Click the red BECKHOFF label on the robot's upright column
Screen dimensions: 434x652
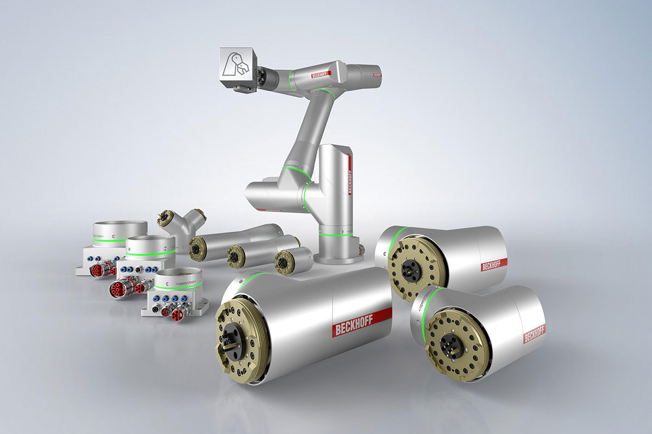pyautogui.click(x=349, y=179)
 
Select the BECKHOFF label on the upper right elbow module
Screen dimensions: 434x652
pyautogui.click(x=494, y=265)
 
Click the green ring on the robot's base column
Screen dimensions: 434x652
pyautogui.click(x=335, y=234)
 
